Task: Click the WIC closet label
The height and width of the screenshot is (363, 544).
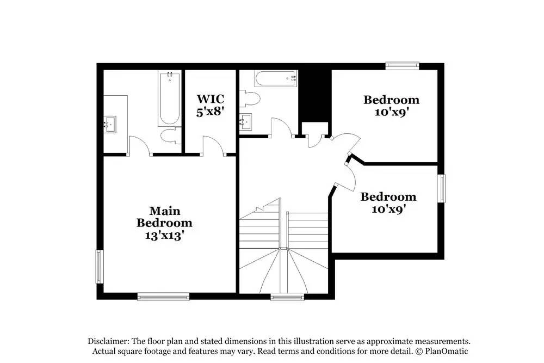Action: [210, 99]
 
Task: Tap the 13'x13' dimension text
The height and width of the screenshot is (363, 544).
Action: [164, 236]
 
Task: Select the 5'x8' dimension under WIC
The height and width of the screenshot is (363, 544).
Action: [210, 112]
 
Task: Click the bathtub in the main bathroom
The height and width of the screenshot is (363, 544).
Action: [170, 99]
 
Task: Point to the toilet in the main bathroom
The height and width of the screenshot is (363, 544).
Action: [171, 136]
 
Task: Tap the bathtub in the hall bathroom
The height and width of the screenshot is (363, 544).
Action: [275, 78]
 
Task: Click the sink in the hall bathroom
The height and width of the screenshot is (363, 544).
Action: [246, 122]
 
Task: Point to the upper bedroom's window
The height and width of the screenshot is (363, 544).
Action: [403, 66]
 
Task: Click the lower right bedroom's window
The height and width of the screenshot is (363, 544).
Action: [441, 188]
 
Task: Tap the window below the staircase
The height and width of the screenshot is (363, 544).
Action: [287, 297]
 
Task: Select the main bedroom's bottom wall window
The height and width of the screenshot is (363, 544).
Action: [163, 297]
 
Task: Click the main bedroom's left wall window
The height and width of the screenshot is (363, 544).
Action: [100, 267]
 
